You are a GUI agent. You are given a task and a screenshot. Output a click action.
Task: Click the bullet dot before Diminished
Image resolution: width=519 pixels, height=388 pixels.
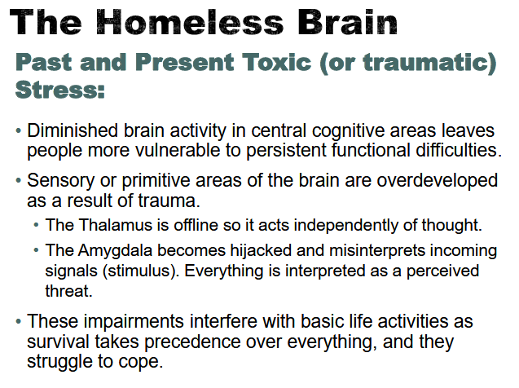[19, 132]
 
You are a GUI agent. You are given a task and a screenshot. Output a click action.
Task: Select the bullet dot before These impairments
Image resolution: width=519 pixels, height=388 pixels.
[19, 322]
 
